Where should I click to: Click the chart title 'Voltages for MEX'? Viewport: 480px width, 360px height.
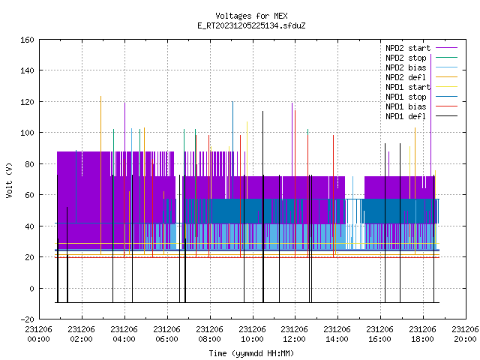(x=251, y=16)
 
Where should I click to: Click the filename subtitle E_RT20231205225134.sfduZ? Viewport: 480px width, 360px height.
(x=251, y=25)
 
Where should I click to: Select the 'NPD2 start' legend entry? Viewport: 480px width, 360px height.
(x=421, y=48)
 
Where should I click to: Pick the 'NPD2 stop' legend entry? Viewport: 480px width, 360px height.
(x=421, y=58)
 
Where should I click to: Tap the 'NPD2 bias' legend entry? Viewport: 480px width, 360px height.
(x=421, y=67)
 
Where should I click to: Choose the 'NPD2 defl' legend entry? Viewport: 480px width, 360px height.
(x=421, y=77)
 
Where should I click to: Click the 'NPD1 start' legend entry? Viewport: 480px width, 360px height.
(x=421, y=87)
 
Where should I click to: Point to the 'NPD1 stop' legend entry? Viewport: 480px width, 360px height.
(x=421, y=97)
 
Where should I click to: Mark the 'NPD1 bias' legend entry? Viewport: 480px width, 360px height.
(x=421, y=106)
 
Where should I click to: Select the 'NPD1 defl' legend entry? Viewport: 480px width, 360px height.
(x=421, y=116)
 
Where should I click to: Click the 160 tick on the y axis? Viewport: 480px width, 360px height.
(x=27, y=40)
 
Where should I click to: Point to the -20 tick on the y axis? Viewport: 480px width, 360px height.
(x=27, y=319)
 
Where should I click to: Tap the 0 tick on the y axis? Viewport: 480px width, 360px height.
(x=31, y=288)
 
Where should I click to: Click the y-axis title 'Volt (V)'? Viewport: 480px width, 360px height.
(x=10, y=180)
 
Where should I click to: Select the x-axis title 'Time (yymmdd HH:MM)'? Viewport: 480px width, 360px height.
(x=251, y=353)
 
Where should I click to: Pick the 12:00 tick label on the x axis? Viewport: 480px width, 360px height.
(x=295, y=334)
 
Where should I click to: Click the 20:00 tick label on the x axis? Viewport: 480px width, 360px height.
(x=465, y=334)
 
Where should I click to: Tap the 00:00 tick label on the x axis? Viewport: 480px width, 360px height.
(x=38, y=334)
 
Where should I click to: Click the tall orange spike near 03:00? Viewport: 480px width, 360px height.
(x=100, y=175)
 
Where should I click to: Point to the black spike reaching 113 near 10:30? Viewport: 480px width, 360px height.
(x=263, y=207)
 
